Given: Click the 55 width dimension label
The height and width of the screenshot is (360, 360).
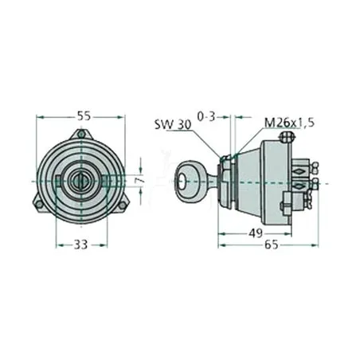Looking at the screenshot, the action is click(x=84, y=116).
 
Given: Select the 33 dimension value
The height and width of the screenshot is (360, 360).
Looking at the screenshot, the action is click(x=80, y=245).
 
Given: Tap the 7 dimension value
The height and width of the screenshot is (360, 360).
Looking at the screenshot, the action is click(x=140, y=181).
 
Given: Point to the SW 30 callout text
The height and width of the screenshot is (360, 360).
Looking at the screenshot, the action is click(x=173, y=124).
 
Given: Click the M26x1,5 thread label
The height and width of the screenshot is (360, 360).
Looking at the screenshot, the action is click(x=289, y=123).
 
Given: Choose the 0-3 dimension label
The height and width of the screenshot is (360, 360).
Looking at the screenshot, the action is click(x=206, y=116).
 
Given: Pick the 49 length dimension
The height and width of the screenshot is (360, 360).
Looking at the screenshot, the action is click(x=256, y=233).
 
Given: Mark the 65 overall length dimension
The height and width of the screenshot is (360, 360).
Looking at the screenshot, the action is click(x=272, y=245).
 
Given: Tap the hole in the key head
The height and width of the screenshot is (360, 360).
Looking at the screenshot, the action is click(x=182, y=182).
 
